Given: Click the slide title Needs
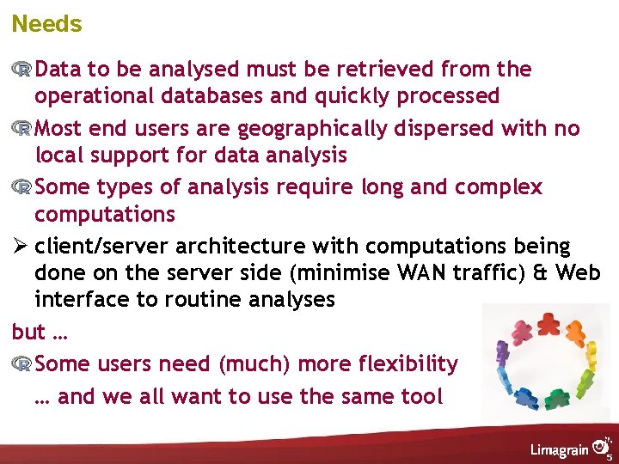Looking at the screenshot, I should point(46,24).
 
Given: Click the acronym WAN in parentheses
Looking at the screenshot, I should point(420,272).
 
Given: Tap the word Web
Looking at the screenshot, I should point(578,272).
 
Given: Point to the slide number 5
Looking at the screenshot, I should point(610,457).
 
